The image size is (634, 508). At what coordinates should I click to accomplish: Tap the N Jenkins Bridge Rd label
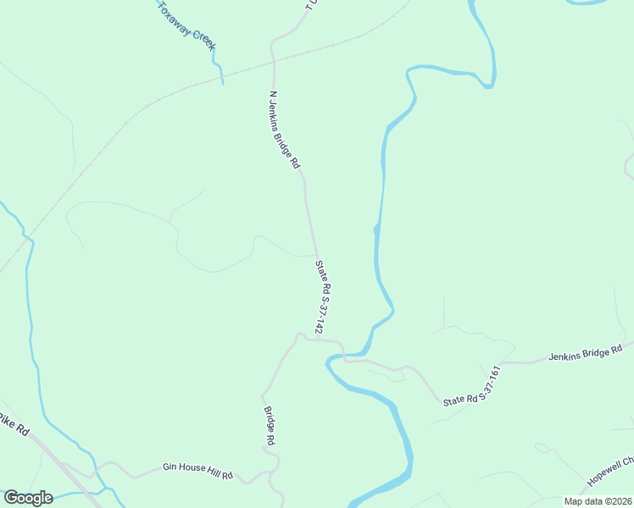tap(285, 130)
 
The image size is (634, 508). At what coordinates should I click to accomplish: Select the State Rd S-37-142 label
tap(321, 296)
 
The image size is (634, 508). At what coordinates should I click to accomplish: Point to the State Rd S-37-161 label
tap(473, 386)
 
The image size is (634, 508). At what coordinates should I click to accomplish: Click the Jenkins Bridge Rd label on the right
tap(586, 352)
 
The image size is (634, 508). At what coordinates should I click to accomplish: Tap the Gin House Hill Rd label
tap(197, 471)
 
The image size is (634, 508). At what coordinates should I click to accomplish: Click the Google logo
tap(28, 498)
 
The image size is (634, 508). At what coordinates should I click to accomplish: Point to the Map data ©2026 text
tap(598, 501)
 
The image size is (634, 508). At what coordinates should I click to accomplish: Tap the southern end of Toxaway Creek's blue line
tap(222, 82)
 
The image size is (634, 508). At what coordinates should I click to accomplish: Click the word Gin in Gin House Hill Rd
tap(170, 467)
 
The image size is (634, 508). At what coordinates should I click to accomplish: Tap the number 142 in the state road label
tap(325, 323)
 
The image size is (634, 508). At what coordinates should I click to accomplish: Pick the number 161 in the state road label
tap(493, 374)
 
